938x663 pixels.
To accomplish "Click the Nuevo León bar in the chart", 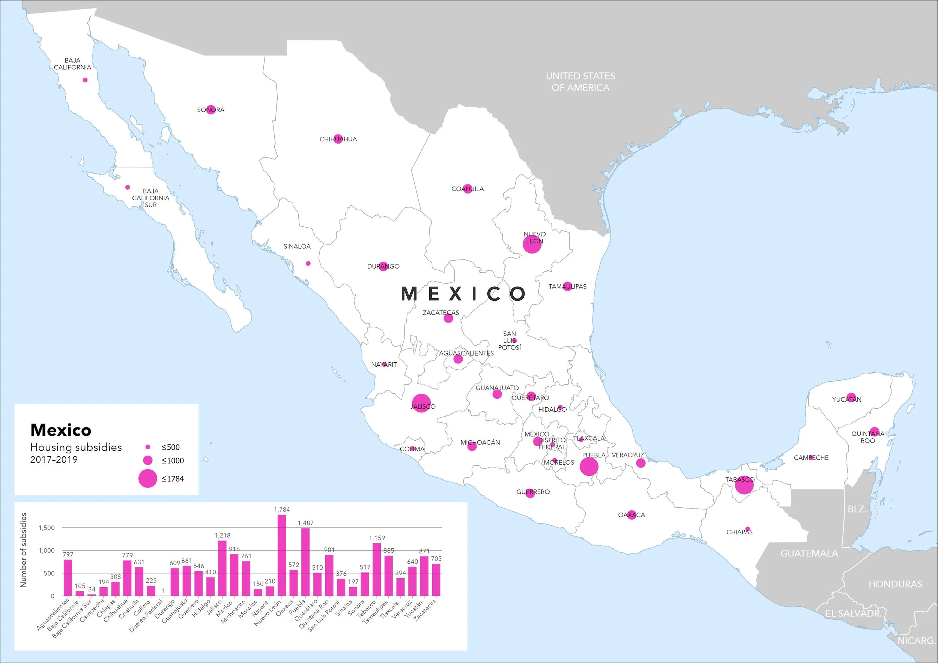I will click(x=281, y=555).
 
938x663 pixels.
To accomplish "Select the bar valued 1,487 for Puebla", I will click(x=305, y=562).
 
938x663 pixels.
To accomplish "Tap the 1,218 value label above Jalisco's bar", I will click(x=222, y=535).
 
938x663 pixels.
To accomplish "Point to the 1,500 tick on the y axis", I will click(x=46, y=528).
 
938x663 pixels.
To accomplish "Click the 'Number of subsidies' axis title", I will click(x=23, y=550).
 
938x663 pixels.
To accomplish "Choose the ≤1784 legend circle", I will click(x=147, y=478).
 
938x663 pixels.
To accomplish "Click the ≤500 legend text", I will click(x=170, y=447).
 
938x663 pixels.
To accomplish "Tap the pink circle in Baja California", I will click(x=85, y=80).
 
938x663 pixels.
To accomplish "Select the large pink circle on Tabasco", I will click(x=744, y=485).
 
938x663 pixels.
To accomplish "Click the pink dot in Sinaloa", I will click(x=308, y=263).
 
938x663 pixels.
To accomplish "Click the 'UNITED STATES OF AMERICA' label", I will click(x=580, y=82).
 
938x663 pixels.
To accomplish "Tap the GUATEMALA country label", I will click(x=809, y=553).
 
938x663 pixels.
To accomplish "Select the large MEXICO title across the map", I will click(x=464, y=294).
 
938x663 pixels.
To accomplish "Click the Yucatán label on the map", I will click(x=846, y=399).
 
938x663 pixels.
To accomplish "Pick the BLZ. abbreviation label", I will click(x=857, y=509).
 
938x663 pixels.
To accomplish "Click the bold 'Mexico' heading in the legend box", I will click(x=61, y=430).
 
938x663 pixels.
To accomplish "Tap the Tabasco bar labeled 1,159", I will click(x=377, y=569).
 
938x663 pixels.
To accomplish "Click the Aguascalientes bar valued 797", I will click(x=68, y=577).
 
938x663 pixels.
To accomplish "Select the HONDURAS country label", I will click(x=895, y=584).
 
